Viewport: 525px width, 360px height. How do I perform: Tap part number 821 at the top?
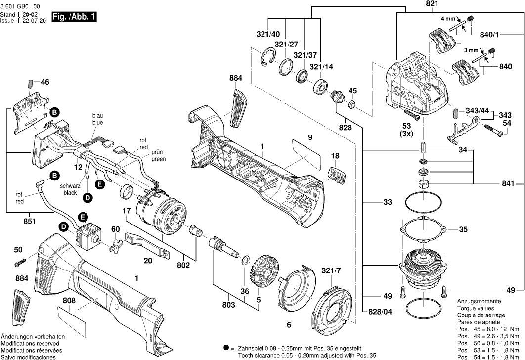tap(418, 3)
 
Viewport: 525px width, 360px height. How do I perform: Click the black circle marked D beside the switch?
tap(64, 227)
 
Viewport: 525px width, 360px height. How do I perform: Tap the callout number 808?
tap(69, 300)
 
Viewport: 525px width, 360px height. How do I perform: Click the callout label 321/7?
tap(331, 270)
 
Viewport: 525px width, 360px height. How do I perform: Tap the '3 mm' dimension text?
tap(471, 50)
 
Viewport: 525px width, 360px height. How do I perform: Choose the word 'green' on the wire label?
tap(159, 159)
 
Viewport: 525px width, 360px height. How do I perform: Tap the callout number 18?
tap(335, 156)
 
